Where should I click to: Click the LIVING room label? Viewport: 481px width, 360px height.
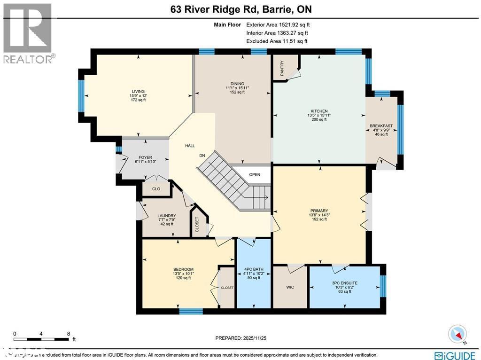point(138,92)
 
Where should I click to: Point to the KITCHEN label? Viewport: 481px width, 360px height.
point(319,111)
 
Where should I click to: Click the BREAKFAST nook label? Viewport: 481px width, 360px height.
point(381,126)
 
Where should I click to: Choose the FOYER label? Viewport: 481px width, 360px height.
point(145,158)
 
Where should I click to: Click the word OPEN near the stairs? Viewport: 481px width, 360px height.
point(255,174)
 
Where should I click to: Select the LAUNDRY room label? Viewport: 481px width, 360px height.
point(166,216)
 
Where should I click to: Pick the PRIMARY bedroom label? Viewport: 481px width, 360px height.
point(319,211)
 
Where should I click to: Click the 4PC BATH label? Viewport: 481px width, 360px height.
point(254,269)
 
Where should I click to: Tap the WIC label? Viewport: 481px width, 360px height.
point(290,287)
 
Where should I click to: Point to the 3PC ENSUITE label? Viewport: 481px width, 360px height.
point(344,283)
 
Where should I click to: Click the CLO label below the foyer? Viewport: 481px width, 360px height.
point(156,189)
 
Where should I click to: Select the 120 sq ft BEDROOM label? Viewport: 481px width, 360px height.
point(183,269)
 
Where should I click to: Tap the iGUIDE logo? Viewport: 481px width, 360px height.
point(456,355)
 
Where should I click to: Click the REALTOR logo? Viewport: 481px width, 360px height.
point(28,33)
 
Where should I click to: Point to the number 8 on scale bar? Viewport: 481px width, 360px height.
point(69,333)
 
